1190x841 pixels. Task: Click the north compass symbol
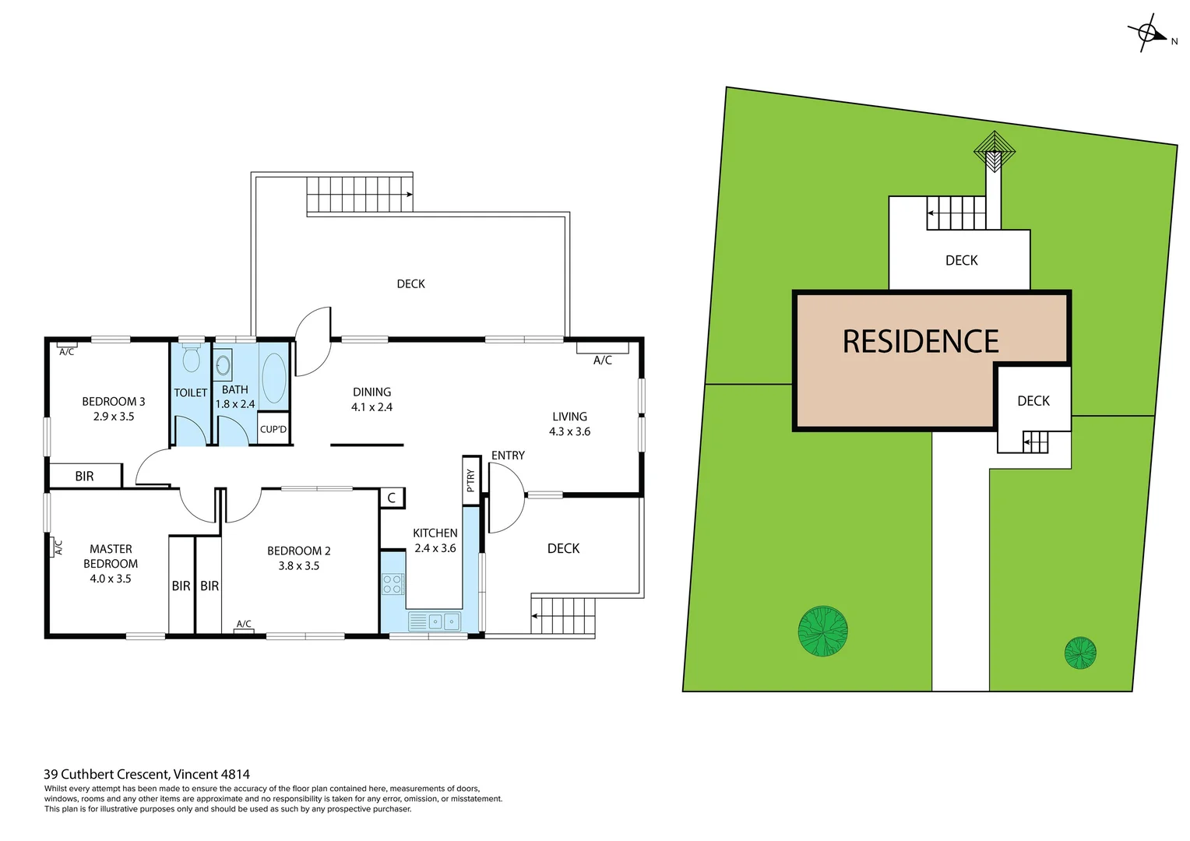[1148, 33]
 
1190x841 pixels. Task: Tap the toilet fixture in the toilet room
[191, 359]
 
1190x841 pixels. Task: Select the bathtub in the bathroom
[273, 378]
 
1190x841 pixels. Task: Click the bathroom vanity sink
[223, 364]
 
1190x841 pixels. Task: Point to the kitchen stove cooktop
[393, 584]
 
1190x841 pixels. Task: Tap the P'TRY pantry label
[470, 480]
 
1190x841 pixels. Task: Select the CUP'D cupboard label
[273, 429]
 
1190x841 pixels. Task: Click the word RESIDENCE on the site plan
[921, 342]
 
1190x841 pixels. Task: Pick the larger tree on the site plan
[822, 631]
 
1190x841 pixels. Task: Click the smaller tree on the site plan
[1080, 653]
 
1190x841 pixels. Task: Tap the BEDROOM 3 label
[114, 402]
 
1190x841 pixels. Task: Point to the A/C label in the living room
[603, 361]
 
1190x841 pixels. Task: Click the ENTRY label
[508, 456]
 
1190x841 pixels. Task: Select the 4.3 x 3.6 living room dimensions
[569, 431]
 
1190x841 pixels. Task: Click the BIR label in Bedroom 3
[84, 477]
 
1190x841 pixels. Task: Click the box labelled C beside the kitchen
[392, 498]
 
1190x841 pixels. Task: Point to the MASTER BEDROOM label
[111, 556]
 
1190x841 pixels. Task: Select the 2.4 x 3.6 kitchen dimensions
[435, 548]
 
